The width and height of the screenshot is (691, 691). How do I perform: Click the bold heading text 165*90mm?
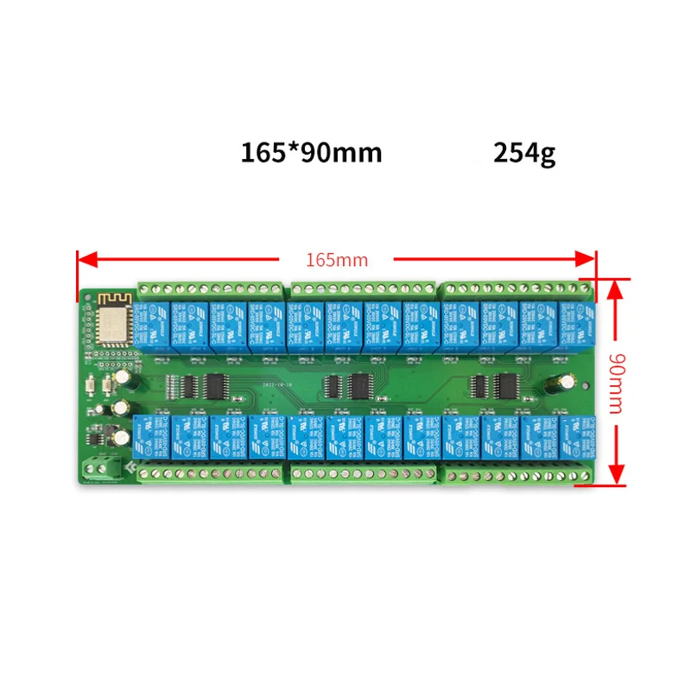point(311,153)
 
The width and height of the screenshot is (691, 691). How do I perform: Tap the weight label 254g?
point(524,153)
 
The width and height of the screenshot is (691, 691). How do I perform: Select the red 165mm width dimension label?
point(337,259)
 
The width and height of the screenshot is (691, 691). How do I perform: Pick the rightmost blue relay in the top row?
point(577,326)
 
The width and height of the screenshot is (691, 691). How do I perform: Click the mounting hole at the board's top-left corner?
point(87,296)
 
